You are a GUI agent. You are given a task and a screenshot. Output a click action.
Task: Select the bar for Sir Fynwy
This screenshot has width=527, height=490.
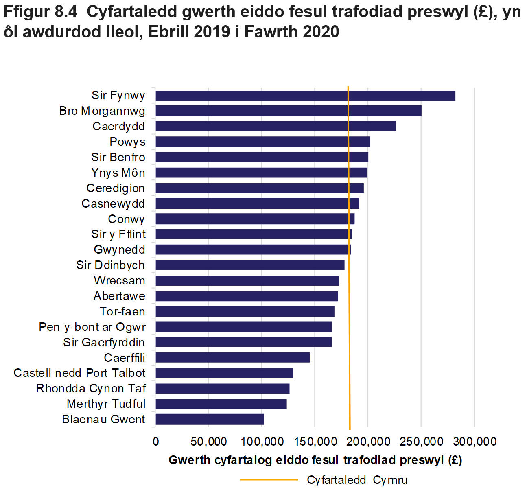tap(305, 96)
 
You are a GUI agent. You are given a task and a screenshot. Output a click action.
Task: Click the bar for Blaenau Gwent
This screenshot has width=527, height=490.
tap(210, 419)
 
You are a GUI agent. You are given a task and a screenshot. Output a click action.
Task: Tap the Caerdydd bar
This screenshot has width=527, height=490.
tap(276, 126)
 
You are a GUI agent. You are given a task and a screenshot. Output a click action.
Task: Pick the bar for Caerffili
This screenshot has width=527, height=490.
tap(232, 358)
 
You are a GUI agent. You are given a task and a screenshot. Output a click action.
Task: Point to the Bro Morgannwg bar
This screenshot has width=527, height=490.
tap(288, 111)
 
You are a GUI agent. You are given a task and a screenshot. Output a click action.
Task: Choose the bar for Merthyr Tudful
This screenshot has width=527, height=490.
tap(221, 404)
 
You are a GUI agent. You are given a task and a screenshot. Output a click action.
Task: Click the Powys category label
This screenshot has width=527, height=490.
tap(127, 142)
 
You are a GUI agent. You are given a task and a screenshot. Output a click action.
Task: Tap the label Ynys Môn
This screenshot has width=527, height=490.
tap(118, 173)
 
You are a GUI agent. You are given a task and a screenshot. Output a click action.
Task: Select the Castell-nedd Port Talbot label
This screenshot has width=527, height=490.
tap(79, 373)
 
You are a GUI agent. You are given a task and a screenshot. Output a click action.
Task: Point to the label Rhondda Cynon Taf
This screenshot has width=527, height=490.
tap(91, 388)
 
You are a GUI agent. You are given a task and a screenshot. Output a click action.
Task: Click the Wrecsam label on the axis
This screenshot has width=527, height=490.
tap(119, 280)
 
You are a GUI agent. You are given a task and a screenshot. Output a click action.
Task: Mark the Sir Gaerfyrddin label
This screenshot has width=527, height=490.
tap(104, 342)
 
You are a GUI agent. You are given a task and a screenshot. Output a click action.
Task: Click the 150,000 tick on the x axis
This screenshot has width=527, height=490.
tap(315, 442)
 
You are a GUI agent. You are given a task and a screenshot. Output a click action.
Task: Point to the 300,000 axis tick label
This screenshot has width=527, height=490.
tap(475, 442)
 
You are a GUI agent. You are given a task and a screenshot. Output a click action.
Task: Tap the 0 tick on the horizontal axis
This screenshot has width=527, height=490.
tap(156, 442)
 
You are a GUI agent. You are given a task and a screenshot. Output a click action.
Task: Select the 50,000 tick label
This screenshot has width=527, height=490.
tap(209, 442)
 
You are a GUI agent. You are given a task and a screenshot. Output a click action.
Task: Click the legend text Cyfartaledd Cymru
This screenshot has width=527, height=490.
tap(357, 480)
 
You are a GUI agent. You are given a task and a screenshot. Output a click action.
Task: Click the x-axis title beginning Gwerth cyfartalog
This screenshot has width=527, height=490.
tap(315, 460)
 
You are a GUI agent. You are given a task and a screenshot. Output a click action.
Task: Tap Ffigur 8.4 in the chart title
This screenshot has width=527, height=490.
tap(40, 12)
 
